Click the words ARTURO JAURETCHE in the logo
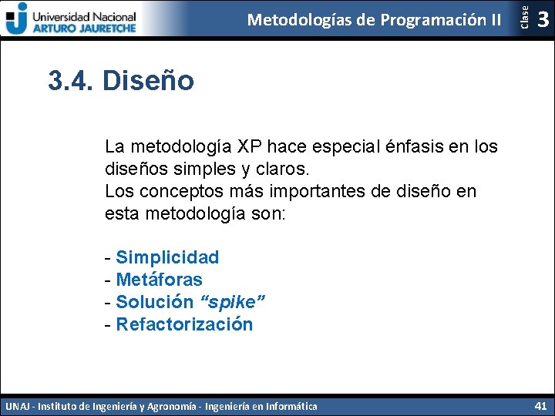point(84,27)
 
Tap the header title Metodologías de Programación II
point(374,19)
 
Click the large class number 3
point(543,18)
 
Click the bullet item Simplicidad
point(167,257)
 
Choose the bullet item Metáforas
point(159,280)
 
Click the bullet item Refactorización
point(184,324)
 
